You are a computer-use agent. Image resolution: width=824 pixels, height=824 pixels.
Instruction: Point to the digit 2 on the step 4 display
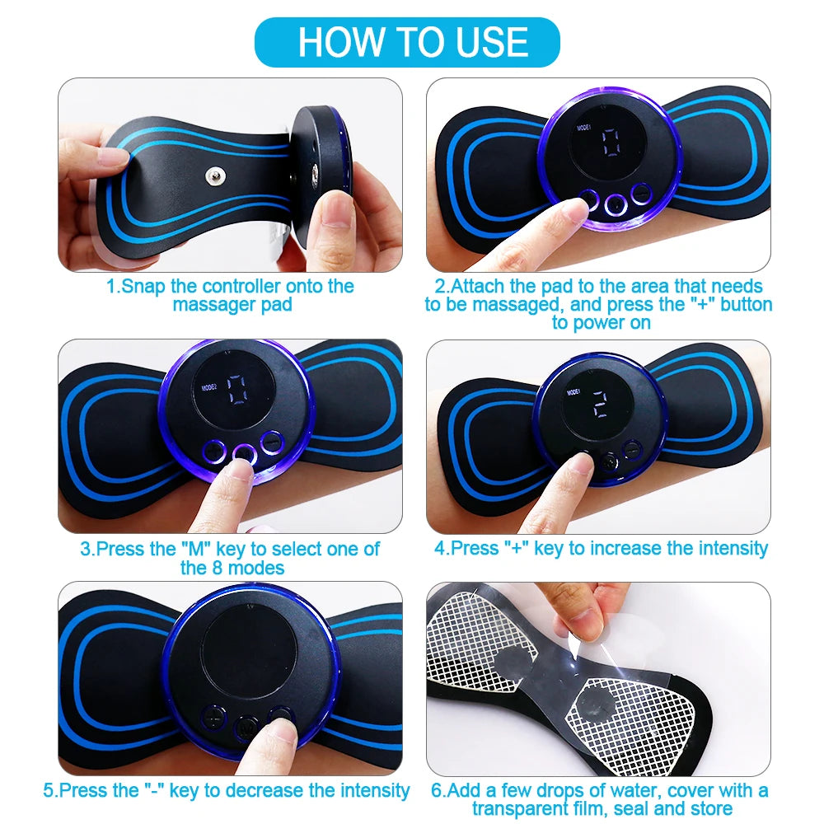600,404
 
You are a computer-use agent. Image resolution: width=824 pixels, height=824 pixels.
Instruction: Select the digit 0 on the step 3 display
238,390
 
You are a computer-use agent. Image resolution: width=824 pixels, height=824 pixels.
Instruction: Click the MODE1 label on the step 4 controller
574,393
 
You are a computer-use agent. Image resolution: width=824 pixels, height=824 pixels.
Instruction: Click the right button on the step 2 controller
640,194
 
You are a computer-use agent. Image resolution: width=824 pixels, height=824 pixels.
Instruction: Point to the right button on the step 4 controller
631,450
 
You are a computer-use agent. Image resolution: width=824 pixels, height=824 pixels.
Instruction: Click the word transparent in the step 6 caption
526,808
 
